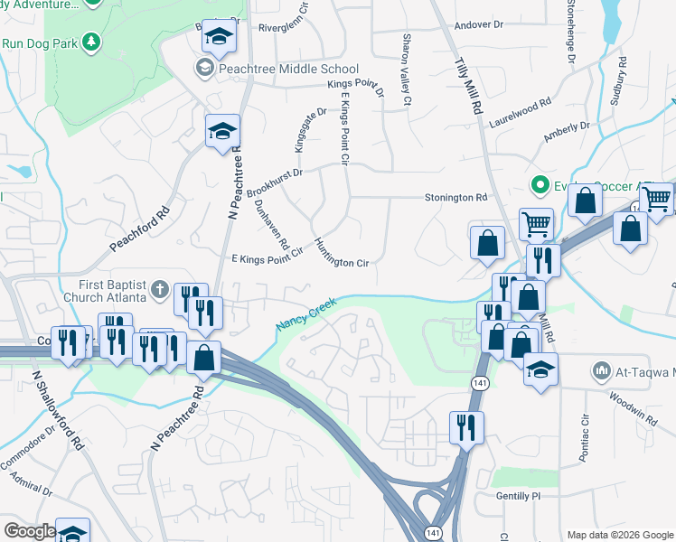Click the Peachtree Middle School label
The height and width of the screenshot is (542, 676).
288,69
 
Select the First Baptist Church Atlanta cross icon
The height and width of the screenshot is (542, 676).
159,289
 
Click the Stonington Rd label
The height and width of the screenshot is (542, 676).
456,197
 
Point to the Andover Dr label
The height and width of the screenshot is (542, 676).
479,24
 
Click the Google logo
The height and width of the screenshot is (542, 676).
29,531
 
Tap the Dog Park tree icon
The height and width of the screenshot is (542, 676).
90,42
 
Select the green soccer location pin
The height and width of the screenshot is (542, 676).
540,186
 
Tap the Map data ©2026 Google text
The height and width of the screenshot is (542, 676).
619,535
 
